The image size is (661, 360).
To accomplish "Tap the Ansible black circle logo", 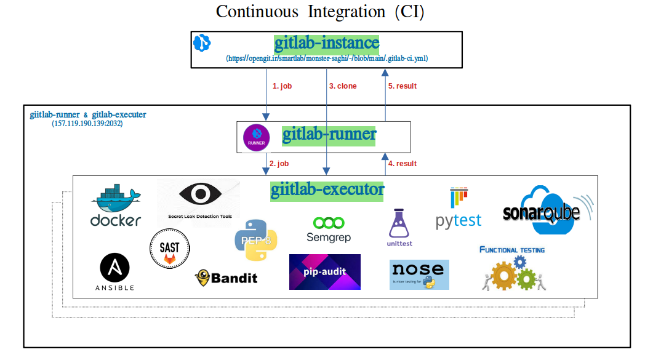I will [115, 268].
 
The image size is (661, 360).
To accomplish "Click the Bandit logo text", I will [226, 278].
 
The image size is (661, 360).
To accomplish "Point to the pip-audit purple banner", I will [325, 271].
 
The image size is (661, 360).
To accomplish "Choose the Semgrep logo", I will [328, 229].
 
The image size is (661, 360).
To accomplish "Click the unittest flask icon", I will [399, 224].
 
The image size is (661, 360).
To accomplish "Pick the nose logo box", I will [419, 274].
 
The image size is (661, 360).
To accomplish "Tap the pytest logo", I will [459, 210].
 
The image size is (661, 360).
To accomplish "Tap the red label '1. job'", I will [282, 86].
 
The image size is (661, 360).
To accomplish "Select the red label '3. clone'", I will [343, 86].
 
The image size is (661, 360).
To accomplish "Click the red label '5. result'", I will [403, 86].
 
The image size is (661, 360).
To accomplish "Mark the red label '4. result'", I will [403, 164].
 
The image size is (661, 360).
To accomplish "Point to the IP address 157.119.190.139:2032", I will [87, 124].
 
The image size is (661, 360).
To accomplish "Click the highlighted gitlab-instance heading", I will [327, 43].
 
